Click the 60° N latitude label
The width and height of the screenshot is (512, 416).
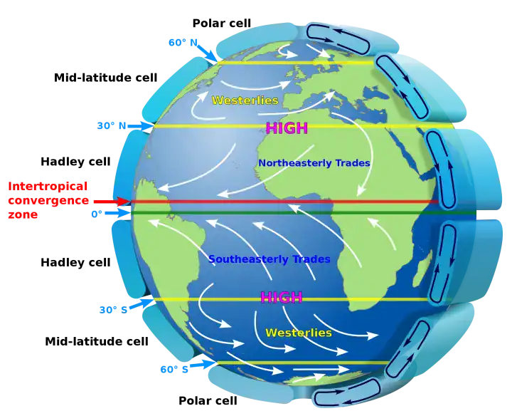183,43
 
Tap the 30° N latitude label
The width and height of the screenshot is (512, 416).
112,125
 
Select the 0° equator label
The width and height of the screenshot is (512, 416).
97,214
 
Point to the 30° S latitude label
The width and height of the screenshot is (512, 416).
113,310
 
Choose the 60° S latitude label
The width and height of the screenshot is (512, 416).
174,369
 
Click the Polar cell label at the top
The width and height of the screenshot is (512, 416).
222,24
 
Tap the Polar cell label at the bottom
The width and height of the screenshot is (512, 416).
208,400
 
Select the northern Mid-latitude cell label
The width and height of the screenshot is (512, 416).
106,78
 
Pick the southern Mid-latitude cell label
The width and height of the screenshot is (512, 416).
97,341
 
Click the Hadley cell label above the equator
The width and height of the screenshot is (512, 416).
75,162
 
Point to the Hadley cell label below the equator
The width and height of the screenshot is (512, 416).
75,262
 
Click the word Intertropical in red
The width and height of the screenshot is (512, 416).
48,186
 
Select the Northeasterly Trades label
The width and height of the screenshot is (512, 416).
314,163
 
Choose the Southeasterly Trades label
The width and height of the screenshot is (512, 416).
270,259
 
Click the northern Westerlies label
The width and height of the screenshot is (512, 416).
245,100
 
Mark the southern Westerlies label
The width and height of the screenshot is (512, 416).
299,333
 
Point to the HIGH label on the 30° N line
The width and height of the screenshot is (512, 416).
287,128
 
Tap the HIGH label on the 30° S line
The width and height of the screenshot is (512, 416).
282,297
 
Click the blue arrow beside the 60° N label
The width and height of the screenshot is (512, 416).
207,52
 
